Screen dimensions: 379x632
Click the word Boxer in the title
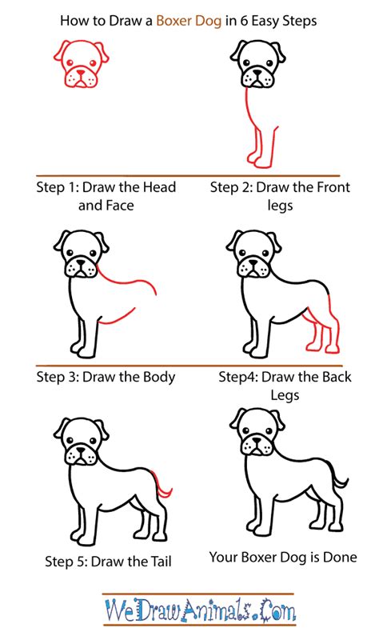coord(172,21)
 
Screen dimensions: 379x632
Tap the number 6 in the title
coord(244,21)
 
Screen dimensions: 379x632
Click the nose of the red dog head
coord(82,74)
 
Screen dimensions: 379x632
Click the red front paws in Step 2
coord(258,160)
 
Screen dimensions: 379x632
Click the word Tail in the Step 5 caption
coord(159,562)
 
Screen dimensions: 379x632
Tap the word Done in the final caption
coord(341,558)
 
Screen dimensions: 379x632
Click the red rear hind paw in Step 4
coord(333,346)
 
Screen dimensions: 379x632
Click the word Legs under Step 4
coord(285,395)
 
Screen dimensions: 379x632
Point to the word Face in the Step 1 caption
coord(118,206)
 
